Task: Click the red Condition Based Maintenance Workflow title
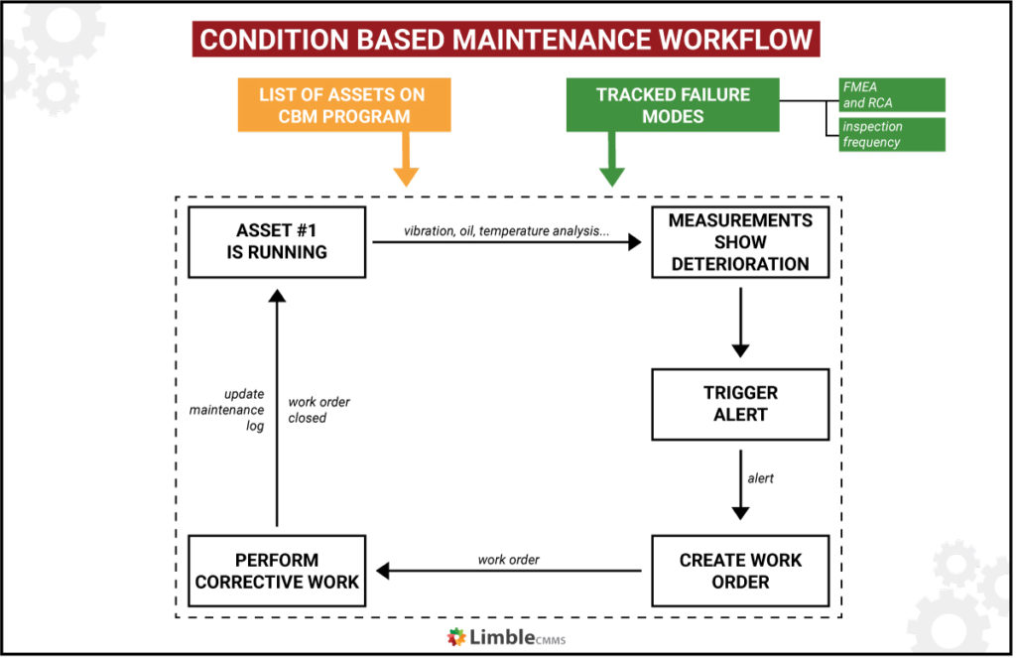[x=507, y=40]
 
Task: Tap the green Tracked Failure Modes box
[x=673, y=105]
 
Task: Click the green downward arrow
[x=611, y=162]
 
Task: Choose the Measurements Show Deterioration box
[x=740, y=242]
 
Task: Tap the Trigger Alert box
[x=740, y=404]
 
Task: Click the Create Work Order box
[x=740, y=571]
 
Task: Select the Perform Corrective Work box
[x=277, y=571]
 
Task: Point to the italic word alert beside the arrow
[x=760, y=478]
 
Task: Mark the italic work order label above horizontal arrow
[x=508, y=560]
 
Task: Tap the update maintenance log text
[x=227, y=410]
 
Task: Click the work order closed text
[x=318, y=410]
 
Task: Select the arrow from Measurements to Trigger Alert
[x=740, y=323]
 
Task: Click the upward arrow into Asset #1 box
[x=277, y=407]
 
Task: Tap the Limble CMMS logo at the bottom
[x=506, y=636]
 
